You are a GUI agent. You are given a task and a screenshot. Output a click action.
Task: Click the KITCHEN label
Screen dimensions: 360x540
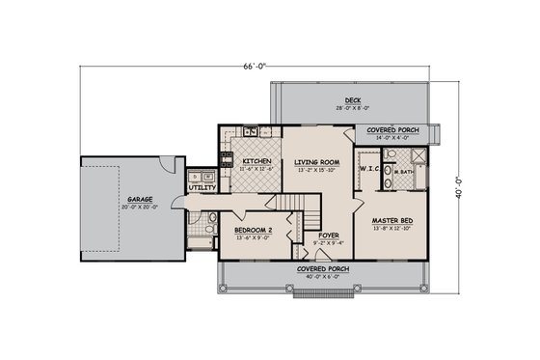click(x=255, y=160)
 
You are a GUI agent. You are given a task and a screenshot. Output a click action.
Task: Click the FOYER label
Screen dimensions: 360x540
click(x=329, y=233)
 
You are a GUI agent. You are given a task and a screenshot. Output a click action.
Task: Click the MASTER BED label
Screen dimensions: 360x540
click(x=392, y=222)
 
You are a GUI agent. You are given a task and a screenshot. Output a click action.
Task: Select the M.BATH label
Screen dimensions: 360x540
click(x=406, y=172)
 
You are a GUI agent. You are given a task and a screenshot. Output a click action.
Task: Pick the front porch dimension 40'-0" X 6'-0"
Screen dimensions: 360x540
click(x=322, y=275)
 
